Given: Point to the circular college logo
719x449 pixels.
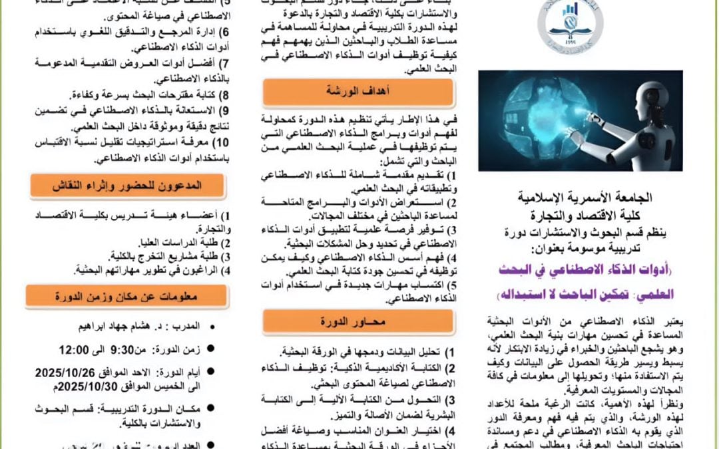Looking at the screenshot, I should (571, 28).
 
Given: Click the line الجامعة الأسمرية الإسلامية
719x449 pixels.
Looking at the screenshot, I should (585, 198).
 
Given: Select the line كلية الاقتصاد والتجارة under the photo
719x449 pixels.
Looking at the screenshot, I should (585, 216).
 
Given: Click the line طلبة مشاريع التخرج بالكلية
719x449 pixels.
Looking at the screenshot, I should (176, 256).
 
